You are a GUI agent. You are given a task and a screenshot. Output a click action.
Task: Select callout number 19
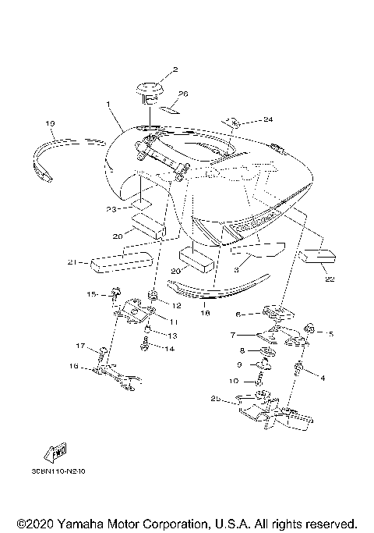51,123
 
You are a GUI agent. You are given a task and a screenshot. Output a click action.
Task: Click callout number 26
183,94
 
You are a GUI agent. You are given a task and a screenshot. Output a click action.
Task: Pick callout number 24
246,119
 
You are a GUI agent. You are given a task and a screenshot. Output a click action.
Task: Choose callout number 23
111,208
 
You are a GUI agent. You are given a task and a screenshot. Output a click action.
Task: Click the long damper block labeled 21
122,260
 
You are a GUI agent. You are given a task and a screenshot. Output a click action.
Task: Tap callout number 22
329,279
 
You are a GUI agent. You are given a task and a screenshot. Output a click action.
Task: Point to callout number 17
79,346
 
